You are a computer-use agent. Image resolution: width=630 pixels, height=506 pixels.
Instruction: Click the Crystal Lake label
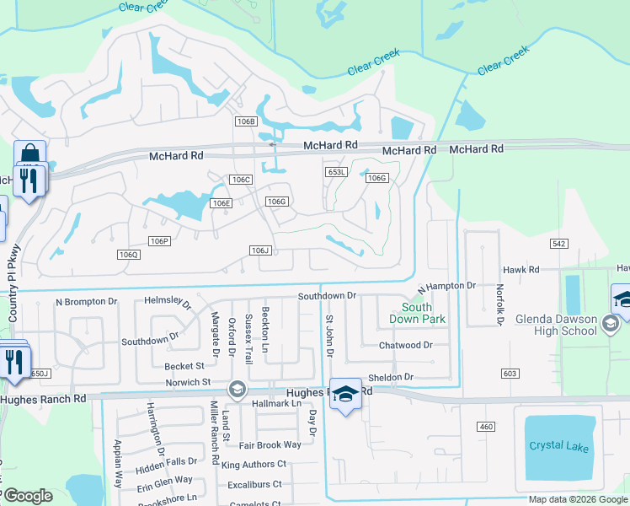pos(558,446)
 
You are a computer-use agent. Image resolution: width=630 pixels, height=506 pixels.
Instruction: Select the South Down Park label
pos(417,313)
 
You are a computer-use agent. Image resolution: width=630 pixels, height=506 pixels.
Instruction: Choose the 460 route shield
pos(486,427)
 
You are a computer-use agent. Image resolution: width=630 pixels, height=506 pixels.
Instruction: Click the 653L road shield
pos(337,172)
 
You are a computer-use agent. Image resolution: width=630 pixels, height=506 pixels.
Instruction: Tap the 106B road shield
pos(245,121)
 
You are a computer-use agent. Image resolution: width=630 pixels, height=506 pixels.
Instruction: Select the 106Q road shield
pos(128,255)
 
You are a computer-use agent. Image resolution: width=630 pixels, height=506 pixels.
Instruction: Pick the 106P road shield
pos(159,241)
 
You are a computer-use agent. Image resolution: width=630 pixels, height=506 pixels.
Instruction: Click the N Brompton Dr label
pos(87,301)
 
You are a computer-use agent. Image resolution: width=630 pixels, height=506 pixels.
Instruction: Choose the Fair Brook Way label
pos(270,444)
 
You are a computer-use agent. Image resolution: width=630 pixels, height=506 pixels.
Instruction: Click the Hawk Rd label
pos(522,270)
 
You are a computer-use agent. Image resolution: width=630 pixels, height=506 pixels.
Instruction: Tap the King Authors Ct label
pos(254,464)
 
